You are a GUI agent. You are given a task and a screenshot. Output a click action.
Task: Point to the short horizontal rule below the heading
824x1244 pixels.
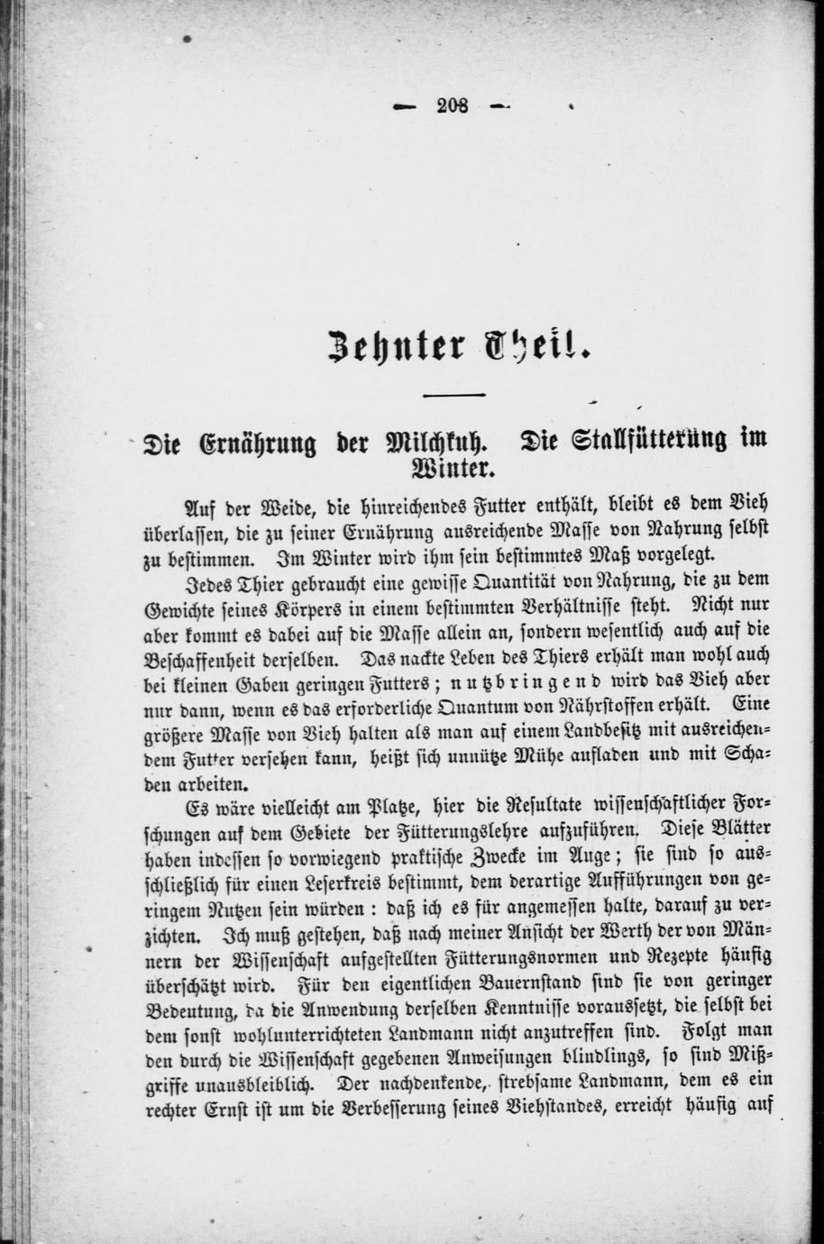pos(454,396)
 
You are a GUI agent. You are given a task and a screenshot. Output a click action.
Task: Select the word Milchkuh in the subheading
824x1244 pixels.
pos(425,443)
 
